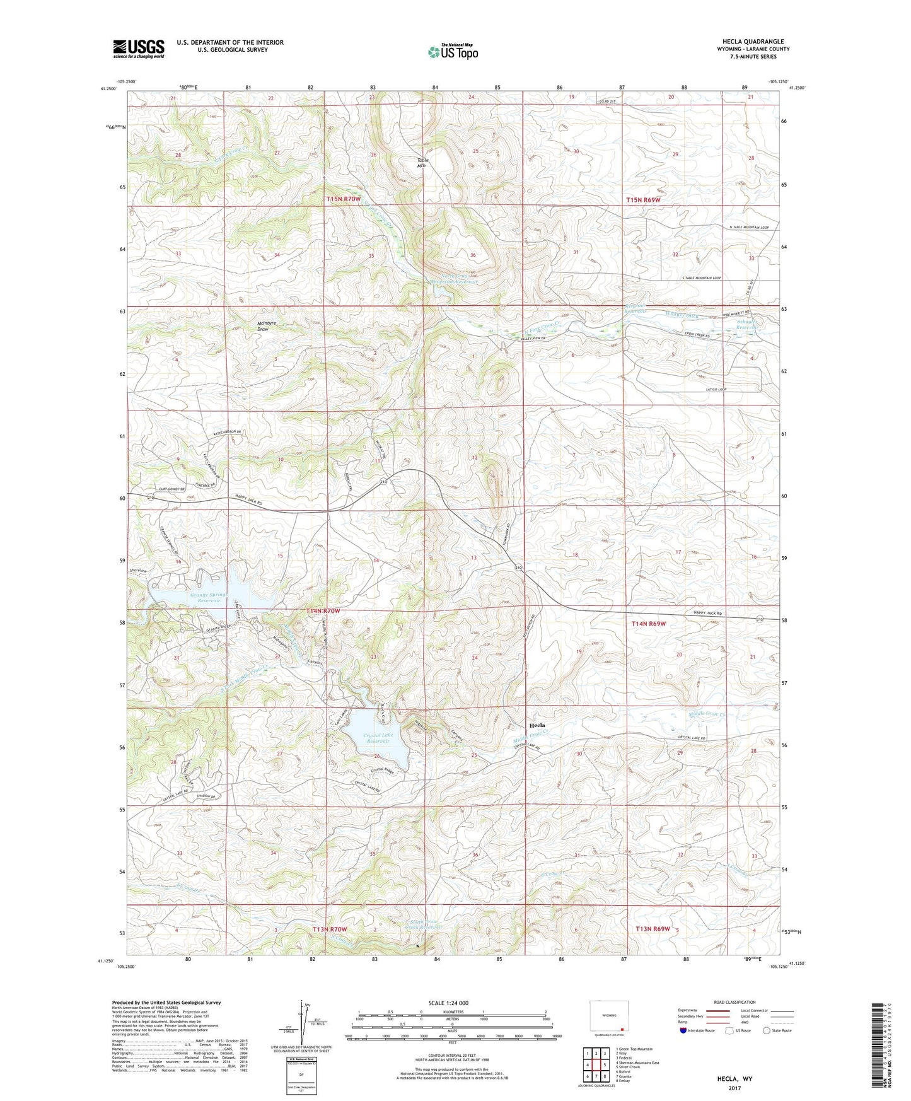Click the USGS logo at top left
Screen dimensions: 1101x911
click(139, 48)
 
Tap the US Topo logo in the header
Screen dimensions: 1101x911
click(453, 51)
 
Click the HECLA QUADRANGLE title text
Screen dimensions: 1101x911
click(753, 41)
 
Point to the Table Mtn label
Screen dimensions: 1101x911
click(422, 162)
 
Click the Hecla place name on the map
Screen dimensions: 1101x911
click(537, 725)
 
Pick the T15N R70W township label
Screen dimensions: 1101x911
click(344, 199)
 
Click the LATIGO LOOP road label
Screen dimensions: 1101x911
click(714, 389)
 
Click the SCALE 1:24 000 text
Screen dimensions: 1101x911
click(448, 1003)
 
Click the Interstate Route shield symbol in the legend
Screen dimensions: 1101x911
click(684, 1030)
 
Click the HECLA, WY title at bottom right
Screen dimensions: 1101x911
click(734, 1079)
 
